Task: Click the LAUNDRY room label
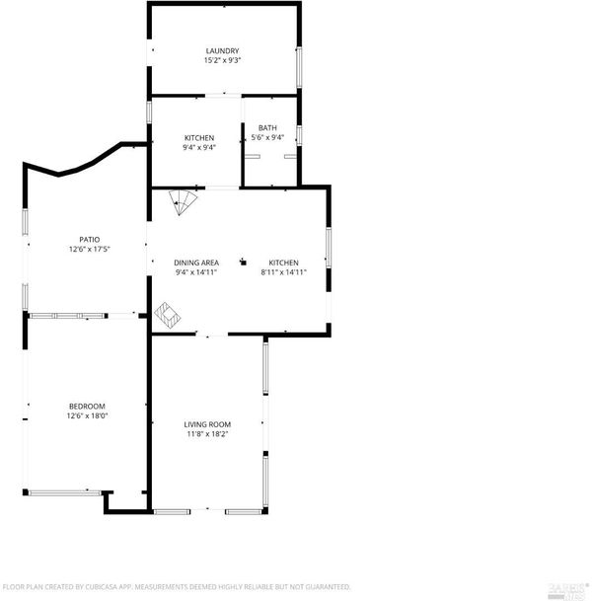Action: pyautogui.click(x=222, y=50)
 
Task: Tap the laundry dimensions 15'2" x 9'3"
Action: pyautogui.click(x=222, y=60)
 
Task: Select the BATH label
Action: pyautogui.click(x=267, y=127)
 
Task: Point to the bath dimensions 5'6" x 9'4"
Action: pyautogui.click(x=267, y=137)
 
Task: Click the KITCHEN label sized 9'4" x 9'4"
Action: pyautogui.click(x=199, y=137)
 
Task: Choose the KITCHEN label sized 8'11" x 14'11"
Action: pyautogui.click(x=283, y=263)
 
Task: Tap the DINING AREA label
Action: pyautogui.click(x=196, y=263)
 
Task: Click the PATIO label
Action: pyautogui.click(x=89, y=240)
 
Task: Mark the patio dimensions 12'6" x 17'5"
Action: pyautogui.click(x=89, y=249)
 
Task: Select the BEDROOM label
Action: pyautogui.click(x=87, y=407)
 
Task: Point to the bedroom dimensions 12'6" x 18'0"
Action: pyautogui.click(x=87, y=415)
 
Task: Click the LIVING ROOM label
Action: pyautogui.click(x=207, y=424)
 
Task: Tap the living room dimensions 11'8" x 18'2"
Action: pyautogui.click(x=207, y=434)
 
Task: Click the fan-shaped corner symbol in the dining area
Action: pyautogui.click(x=183, y=201)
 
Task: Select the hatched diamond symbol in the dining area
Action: pyautogui.click(x=168, y=316)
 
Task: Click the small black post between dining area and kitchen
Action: pyautogui.click(x=243, y=263)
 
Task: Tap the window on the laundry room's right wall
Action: pyautogui.click(x=299, y=67)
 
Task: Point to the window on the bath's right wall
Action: pyautogui.click(x=299, y=135)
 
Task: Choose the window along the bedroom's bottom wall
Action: pyautogui.click(x=65, y=492)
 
